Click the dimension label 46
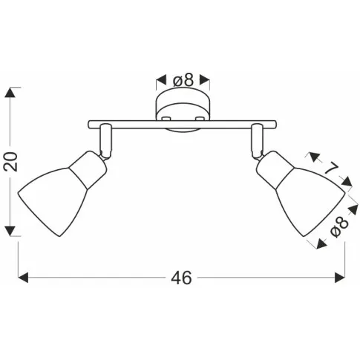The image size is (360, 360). tap(181, 278)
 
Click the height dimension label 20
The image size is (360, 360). tap(10, 162)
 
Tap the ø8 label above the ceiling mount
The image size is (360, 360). tap(183, 80)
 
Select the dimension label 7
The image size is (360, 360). tap(332, 169)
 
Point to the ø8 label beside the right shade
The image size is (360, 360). tap(339, 226)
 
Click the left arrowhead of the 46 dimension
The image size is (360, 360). tap(23, 278)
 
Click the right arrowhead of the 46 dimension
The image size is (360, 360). tap(340, 278)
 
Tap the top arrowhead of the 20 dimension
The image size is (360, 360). tap(10, 93)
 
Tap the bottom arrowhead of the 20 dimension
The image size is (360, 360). tap(10, 231)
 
